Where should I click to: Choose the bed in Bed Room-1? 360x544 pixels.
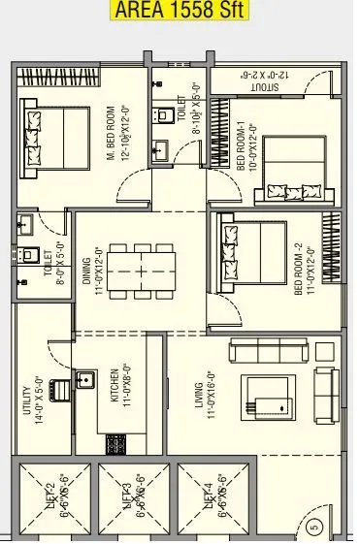pyautogui.click(x=291, y=170)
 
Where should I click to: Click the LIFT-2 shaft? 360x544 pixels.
pyautogui.click(x=47, y=500)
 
